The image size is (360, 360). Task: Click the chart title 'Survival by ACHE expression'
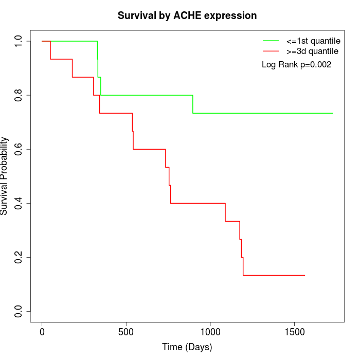(187, 15)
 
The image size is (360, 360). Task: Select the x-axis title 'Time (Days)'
(187, 347)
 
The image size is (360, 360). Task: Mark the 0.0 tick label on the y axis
(19, 311)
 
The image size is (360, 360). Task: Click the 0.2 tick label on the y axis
(19, 257)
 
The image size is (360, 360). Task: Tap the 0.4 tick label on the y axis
(19, 203)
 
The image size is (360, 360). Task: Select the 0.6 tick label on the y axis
(19, 149)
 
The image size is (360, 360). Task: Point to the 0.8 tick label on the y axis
(19, 95)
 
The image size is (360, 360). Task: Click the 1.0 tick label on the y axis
(19, 41)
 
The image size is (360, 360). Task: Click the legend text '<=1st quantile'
(313, 41)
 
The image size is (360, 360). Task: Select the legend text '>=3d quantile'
(312, 51)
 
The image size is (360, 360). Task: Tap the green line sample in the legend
(271, 41)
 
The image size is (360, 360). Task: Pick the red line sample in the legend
(271, 51)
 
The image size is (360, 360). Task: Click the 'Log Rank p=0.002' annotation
(296, 65)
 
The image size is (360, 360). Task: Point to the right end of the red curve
(304, 275)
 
